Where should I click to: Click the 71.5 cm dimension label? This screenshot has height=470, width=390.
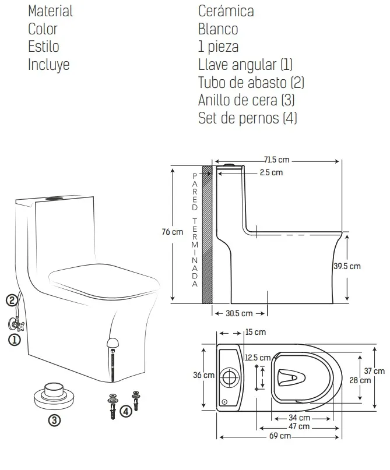pyautogui.click(x=276, y=160)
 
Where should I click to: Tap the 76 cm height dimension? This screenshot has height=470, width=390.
pyautogui.click(x=172, y=232)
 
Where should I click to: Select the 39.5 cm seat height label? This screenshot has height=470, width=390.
pyautogui.click(x=347, y=266)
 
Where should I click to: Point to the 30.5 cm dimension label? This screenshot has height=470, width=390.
pyautogui.click(x=239, y=313)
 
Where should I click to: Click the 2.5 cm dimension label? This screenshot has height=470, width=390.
pyautogui.click(x=271, y=172)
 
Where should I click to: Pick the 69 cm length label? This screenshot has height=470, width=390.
pyautogui.click(x=280, y=436)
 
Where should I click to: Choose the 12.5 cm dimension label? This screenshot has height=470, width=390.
pyautogui.click(x=258, y=358)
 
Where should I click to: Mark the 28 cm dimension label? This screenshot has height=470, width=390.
pyautogui.click(x=360, y=380)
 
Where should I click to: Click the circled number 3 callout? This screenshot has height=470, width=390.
pyautogui.click(x=54, y=420)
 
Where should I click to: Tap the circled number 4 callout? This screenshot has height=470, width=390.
pyautogui.click(x=126, y=411)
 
